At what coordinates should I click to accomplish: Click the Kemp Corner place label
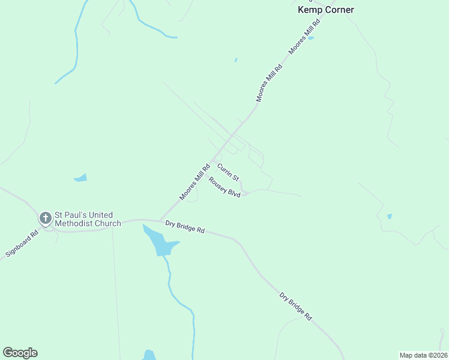(326, 10)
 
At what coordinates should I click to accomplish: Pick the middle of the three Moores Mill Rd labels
(269, 83)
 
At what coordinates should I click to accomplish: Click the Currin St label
(228, 172)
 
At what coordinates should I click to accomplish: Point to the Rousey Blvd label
(224, 187)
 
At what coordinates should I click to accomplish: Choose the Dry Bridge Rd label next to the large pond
(185, 226)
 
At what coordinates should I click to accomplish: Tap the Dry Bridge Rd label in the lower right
(296, 306)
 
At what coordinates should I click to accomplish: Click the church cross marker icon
(45, 218)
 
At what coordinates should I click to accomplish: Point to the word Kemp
(309, 10)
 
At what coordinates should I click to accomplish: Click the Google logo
(20, 353)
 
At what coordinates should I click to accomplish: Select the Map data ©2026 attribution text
(423, 355)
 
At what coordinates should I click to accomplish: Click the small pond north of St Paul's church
(80, 178)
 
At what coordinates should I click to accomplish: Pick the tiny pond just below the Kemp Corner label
(310, 38)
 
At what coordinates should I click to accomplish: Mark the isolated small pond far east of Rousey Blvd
(390, 216)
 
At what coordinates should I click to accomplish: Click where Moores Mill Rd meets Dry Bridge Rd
(160, 220)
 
